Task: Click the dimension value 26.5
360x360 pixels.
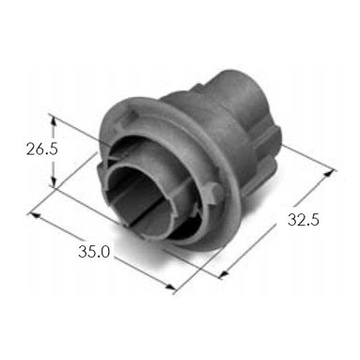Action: (x=42, y=149)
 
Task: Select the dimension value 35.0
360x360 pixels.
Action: (x=94, y=252)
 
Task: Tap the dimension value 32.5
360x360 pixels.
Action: (x=304, y=219)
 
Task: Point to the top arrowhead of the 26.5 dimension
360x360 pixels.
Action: (x=54, y=120)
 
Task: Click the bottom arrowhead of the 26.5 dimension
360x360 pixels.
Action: (x=54, y=182)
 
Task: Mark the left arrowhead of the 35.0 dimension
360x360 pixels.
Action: (x=34, y=215)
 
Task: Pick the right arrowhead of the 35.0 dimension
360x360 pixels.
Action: (x=169, y=288)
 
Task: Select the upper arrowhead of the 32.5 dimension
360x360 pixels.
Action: (x=328, y=173)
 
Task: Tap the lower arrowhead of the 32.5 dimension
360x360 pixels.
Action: (x=223, y=274)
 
